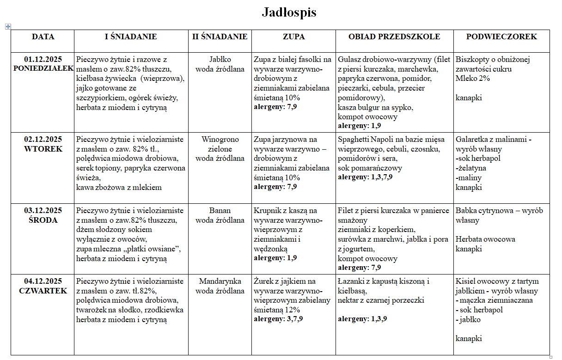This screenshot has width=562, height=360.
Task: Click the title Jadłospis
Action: click(x=289, y=12)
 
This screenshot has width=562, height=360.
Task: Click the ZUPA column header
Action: click(x=293, y=37)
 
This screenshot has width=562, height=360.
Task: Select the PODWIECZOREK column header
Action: click(x=501, y=37)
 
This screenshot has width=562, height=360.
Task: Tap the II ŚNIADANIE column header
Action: click(x=220, y=37)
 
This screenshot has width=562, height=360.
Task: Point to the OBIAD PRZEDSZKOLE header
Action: click(x=394, y=37)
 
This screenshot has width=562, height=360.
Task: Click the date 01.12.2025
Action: click(x=43, y=59)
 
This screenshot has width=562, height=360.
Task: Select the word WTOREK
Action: click(x=43, y=149)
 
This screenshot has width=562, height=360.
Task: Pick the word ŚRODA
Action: click(x=43, y=220)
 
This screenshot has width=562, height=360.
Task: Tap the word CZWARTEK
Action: click(x=43, y=291)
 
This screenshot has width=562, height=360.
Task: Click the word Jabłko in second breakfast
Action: click(x=220, y=59)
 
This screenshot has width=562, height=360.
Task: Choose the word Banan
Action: click(x=220, y=211)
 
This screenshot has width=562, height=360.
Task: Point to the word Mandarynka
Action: click(x=220, y=281)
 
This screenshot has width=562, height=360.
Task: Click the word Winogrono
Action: click(x=220, y=140)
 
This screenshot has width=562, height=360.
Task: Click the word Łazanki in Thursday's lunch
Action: click(x=352, y=281)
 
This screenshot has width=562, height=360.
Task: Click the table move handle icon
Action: click(x=8, y=27)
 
